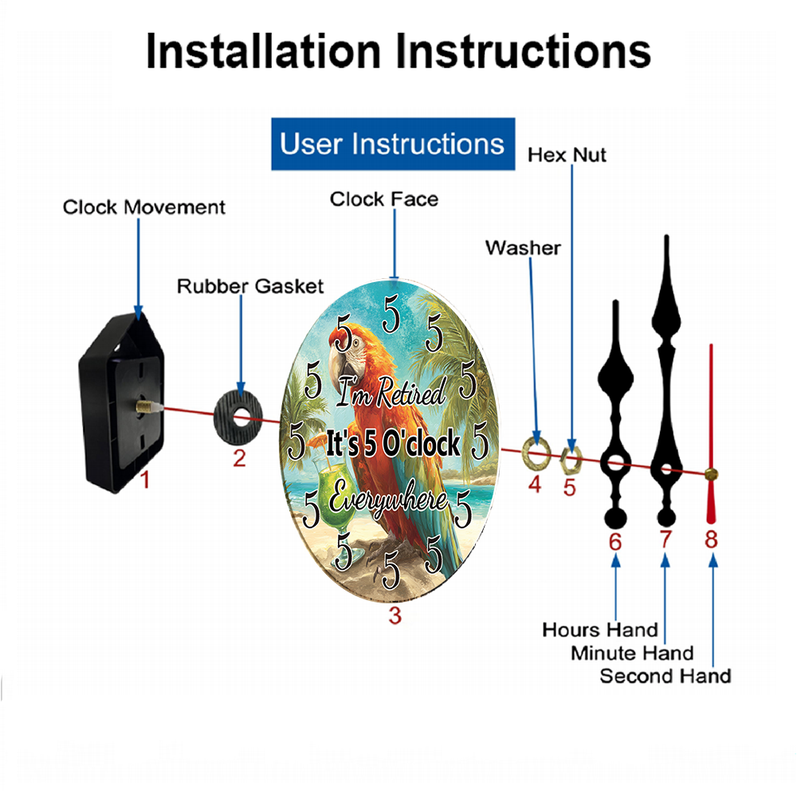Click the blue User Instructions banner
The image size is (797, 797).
pyautogui.click(x=393, y=143)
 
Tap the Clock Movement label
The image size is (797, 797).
pyautogui.click(x=143, y=207)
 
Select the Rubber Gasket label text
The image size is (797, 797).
pyautogui.click(x=250, y=286)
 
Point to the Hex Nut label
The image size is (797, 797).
pyautogui.click(x=567, y=155)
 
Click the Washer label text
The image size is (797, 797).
pyautogui.click(x=523, y=248)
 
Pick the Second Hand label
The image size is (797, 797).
pyautogui.click(x=665, y=676)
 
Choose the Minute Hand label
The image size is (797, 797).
pyautogui.click(x=632, y=653)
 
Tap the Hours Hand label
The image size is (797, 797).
pyautogui.click(x=600, y=630)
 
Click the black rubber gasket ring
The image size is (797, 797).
pyautogui.click(x=238, y=418)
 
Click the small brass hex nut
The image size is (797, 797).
pyautogui.click(x=571, y=459)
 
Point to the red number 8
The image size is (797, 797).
pyautogui.click(x=711, y=540)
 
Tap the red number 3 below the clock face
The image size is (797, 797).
pyautogui.click(x=395, y=615)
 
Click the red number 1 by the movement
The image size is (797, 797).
pyautogui.click(x=145, y=480)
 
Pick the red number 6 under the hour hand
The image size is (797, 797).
pyautogui.click(x=615, y=542)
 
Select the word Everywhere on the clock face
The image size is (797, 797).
pyautogui.click(x=388, y=498)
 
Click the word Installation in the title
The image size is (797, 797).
pyautogui.click(x=263, y=51)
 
